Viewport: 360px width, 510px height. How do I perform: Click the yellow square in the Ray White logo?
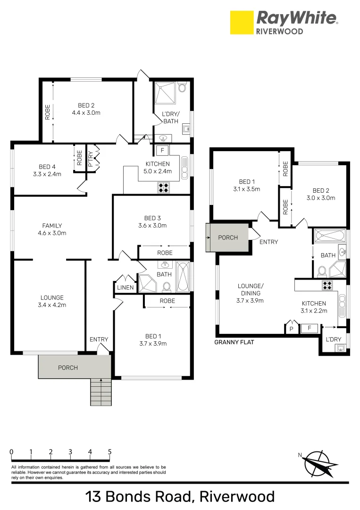(x=242, y=23)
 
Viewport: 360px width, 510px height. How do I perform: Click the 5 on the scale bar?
(x=110, y=452)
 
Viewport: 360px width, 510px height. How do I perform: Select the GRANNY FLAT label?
(x=234, y=342)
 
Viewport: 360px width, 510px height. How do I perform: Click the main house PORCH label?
(x=68, y=367)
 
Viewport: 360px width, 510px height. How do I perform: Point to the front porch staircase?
(x=100, y=392)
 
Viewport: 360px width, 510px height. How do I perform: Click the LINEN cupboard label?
(x=126, y=287)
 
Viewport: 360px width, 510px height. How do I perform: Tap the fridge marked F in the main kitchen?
(x=163, y=150)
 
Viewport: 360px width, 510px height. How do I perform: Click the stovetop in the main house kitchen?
(x=163, y=187)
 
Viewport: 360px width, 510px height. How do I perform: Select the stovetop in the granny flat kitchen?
(x=327, y=285)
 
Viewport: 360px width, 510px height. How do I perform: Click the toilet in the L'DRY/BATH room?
(x=182, y=87)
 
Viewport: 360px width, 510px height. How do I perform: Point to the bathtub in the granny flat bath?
(x=329, y=236)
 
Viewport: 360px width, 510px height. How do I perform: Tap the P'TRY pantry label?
(x=91, y=159)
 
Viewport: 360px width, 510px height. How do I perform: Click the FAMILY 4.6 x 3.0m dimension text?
(x=52, y=233)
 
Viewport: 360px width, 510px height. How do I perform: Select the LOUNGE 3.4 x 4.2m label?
(x=52, y=301)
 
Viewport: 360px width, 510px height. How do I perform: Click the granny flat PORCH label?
(x=228, y=238)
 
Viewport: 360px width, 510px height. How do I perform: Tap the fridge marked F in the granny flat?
(x=309, y=329)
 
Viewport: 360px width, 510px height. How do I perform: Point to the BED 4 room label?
(x=47, y=167)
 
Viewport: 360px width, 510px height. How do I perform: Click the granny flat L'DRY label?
(x=334, y=339)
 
